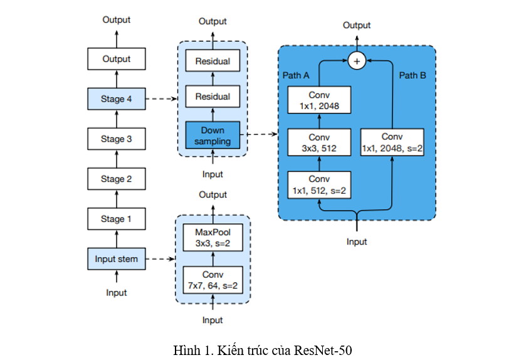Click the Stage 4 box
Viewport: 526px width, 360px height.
coord(117,98)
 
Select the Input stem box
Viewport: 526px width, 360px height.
coord(117,258)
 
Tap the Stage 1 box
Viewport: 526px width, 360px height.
coord(117,219)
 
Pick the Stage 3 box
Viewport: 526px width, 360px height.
coord(117,139)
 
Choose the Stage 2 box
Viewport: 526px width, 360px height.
coord(117,179)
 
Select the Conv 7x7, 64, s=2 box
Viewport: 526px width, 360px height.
coord(213,280)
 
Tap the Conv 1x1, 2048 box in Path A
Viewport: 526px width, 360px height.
coord(319,100)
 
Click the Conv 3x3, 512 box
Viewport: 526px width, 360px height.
coord(319,142)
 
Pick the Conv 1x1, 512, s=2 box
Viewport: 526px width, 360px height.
coord(319,184)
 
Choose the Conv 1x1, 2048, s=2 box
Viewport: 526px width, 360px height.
coord(392,142)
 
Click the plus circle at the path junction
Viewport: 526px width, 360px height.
coord(357,61)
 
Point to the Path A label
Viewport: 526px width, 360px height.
coord(296,75)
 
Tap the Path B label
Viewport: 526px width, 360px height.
coord(413,75)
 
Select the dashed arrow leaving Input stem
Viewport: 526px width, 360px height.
coord(162,258)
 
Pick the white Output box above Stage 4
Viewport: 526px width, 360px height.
coord(117,59)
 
